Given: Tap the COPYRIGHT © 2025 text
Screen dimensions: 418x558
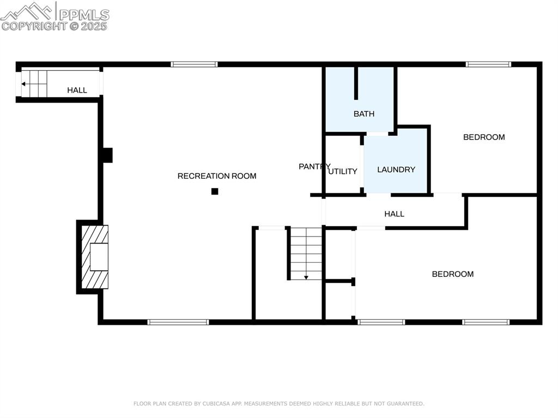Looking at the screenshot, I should tap(54, 26).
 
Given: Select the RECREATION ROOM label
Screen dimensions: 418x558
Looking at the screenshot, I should tap(217, 176).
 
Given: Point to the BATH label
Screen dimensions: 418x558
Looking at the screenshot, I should tap(364, 114).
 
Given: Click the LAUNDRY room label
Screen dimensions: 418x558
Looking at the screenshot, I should tap(396, 169).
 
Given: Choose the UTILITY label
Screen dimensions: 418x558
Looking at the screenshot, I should tap(343, 171).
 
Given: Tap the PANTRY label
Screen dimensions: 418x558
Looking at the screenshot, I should tap(314, 166).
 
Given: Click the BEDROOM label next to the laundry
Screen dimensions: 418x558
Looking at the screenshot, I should tap(484, 137).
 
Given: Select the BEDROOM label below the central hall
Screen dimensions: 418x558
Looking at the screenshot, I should tap(453, 274).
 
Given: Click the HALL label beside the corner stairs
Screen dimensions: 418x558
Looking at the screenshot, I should tap(77, 90).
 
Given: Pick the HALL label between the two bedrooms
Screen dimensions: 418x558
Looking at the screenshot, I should tap(394, 214).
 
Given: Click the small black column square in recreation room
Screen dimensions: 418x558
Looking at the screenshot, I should tap(215, 191).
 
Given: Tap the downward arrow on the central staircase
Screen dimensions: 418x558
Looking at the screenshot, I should tap(306, 277).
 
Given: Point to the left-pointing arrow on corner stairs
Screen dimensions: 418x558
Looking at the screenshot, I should tap(24, 84).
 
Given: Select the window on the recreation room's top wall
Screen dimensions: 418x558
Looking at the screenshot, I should tap(194, 64).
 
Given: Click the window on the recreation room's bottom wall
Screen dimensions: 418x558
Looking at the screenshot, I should tap(178, 322).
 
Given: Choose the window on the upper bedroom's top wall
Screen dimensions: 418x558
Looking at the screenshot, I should tap(488, 64).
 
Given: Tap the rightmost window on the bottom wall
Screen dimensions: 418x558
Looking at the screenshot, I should tap(486, 322).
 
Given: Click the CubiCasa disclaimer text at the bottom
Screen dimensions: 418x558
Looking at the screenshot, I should tap(279, 404).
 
